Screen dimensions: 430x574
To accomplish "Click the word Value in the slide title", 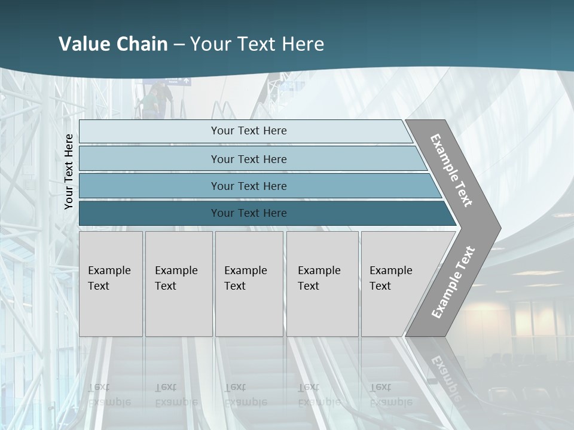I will click(84, 44).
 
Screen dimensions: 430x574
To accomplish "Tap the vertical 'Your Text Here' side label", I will click(69, 171).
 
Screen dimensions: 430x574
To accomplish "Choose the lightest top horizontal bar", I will click(248, 131).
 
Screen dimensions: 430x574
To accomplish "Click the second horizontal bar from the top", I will click(248, 159).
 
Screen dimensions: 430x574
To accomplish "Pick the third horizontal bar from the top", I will click(248, 186).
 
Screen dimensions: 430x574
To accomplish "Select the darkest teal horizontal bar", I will click(248, 213).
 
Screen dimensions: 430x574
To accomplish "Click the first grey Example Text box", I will click(111, 284).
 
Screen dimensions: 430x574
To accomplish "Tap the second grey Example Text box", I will click(178, 284).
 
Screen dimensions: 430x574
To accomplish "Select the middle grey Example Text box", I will click(249, 284).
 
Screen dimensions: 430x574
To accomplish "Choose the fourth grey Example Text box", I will click(322, 284).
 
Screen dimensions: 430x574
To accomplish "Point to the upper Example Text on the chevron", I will click(451, 170).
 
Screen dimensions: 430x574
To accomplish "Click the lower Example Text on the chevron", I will click(453, 282).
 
